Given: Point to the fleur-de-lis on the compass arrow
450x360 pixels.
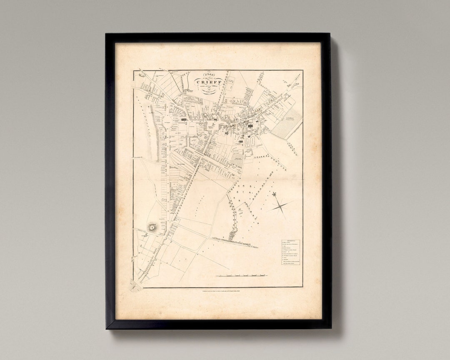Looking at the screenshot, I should pyautogui.click(x=274, y=195).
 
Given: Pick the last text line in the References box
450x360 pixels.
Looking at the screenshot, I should pyautogui.click(x=291, y=264).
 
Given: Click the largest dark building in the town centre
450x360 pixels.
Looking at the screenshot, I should pyautogui.click(x=251, y=126).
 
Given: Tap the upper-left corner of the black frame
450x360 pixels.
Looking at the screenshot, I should pyautogui.click(x=107, y=34).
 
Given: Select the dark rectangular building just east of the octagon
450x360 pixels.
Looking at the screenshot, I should pyautogui.click(x=183, y=119).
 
